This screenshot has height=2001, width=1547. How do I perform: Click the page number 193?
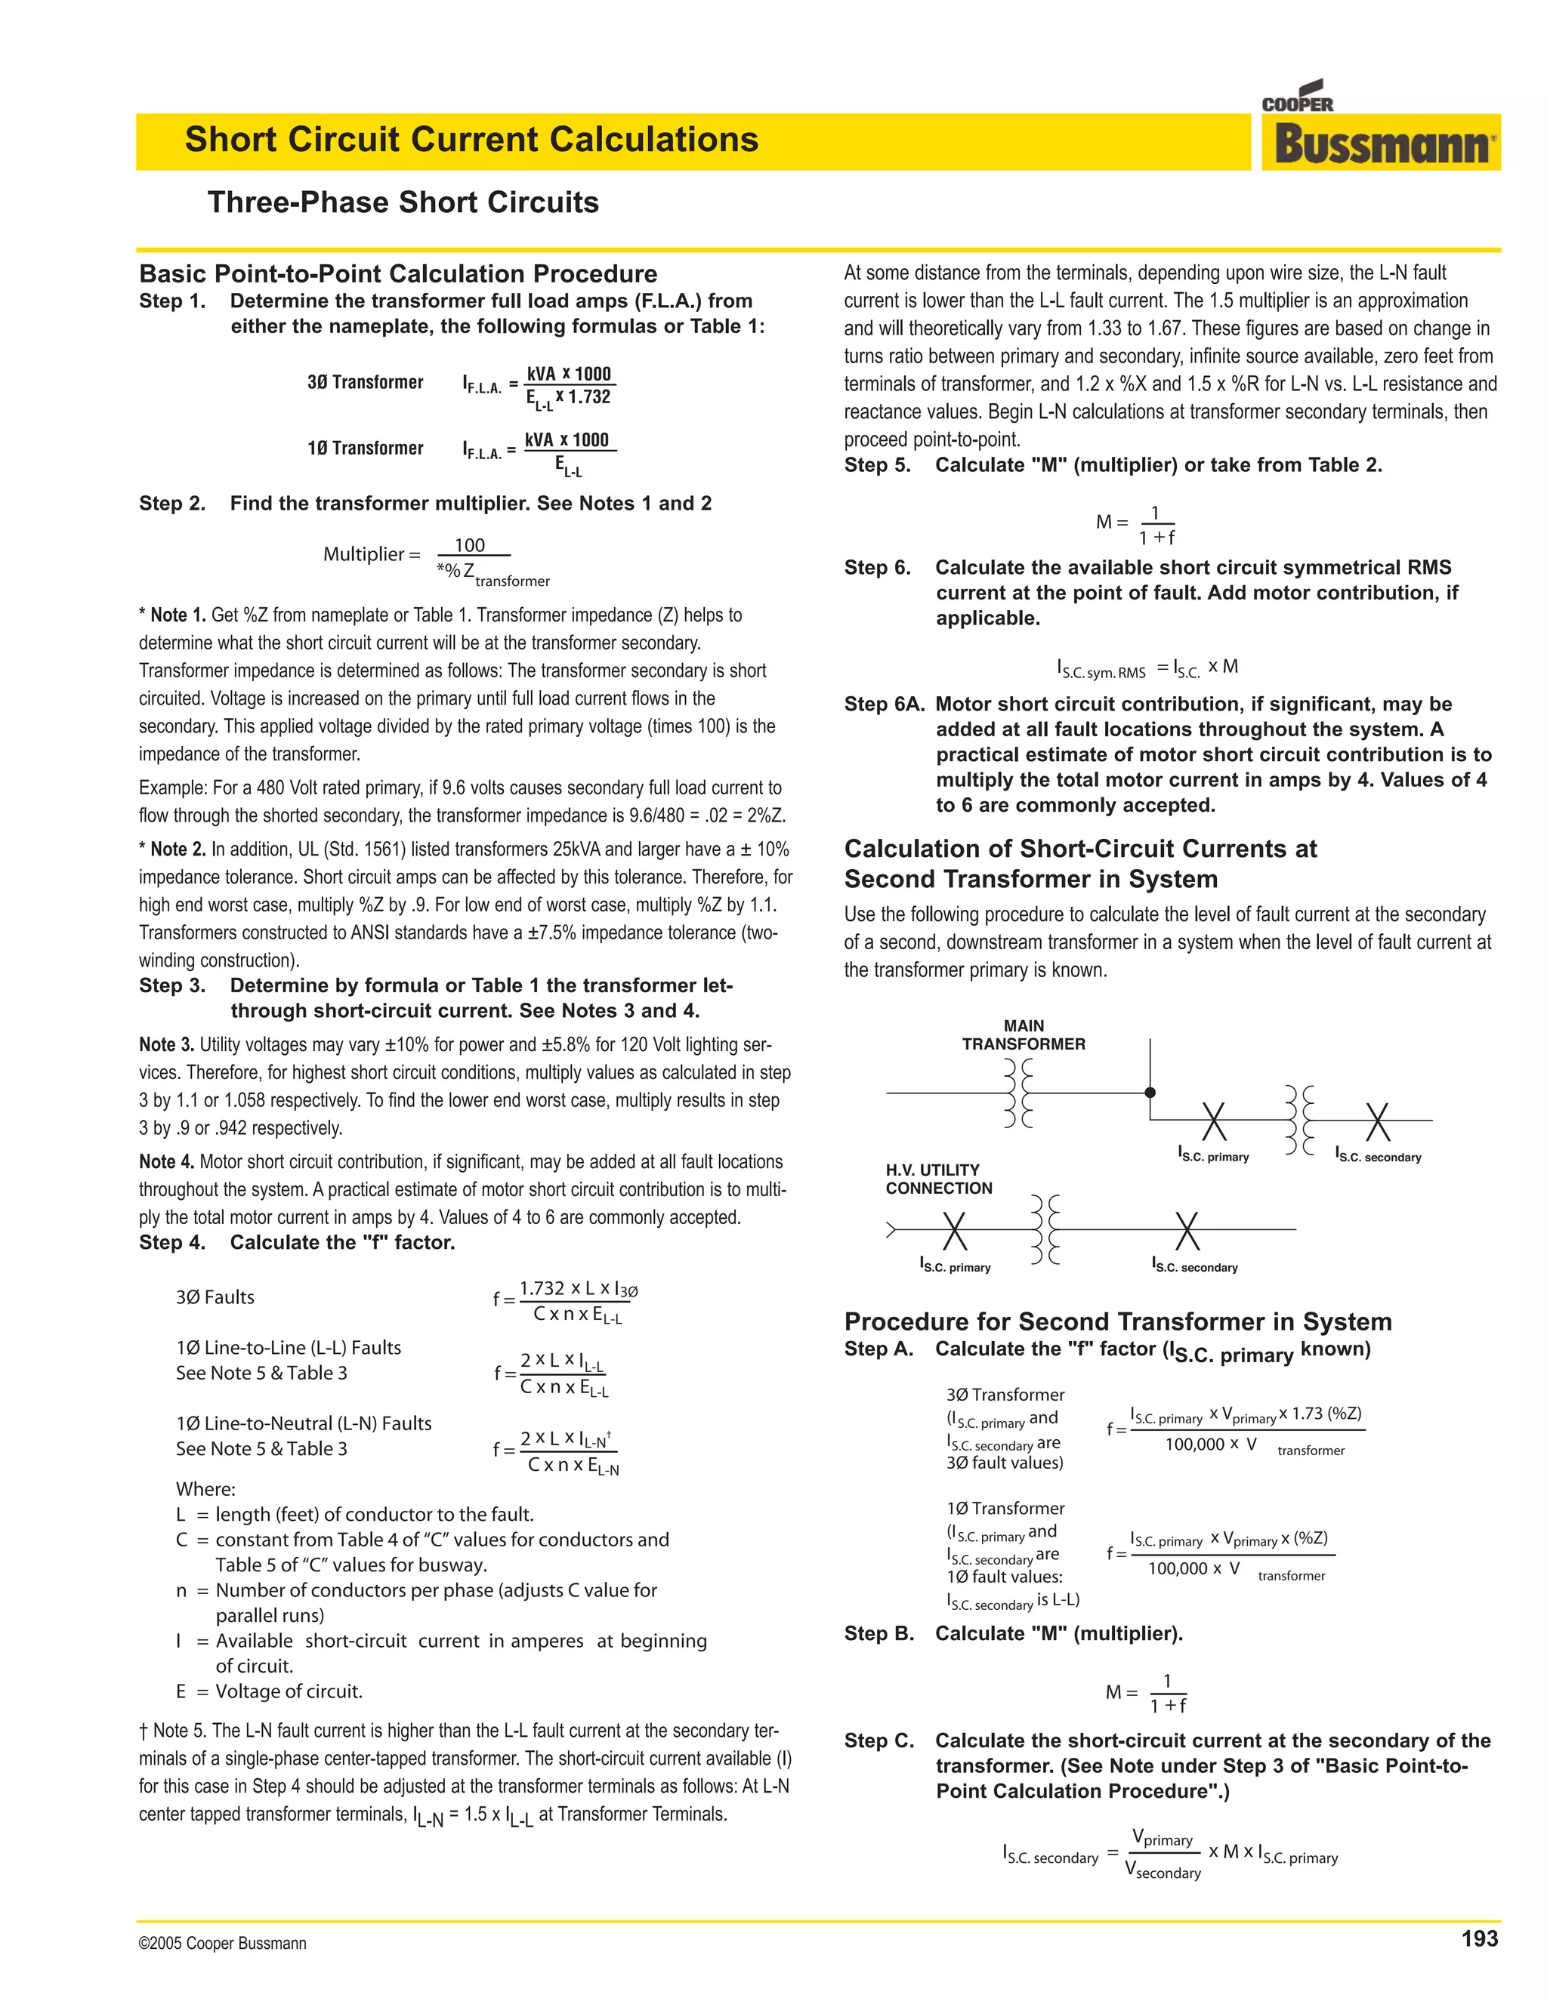coord(1479,1938)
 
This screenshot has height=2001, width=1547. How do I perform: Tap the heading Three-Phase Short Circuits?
coord(403,202)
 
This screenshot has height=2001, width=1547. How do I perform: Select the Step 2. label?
coord(172,503)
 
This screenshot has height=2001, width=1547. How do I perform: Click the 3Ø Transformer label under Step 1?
coord(365,382)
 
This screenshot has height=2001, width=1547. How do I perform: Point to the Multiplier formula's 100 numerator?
coord(469,545)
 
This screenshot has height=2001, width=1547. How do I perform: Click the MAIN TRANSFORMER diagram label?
coord(1023,1034)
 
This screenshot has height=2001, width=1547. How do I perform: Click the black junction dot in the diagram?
coord(1150,1092)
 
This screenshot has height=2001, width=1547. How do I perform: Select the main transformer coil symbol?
coord(1018,1093)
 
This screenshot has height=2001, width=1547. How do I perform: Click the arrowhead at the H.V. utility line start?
coord(891,1229)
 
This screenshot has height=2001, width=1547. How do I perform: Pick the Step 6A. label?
coord(885,704)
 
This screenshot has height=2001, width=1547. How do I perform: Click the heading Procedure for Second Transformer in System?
coord(1117,1321)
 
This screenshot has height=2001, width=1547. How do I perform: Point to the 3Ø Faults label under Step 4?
coord(215,1296)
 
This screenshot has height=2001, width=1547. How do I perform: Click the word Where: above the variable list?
coord(205,1489)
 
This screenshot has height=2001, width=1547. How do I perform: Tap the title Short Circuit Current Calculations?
coord(471,139)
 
